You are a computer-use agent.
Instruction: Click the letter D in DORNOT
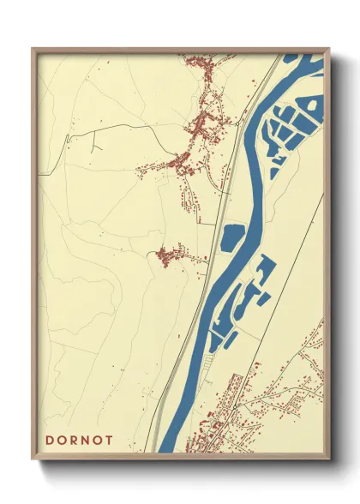49,440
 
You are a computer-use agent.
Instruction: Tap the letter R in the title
79,440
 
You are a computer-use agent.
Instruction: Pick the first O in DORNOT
63,440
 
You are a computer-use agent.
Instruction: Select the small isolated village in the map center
171,255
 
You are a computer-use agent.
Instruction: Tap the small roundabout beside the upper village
231,125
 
